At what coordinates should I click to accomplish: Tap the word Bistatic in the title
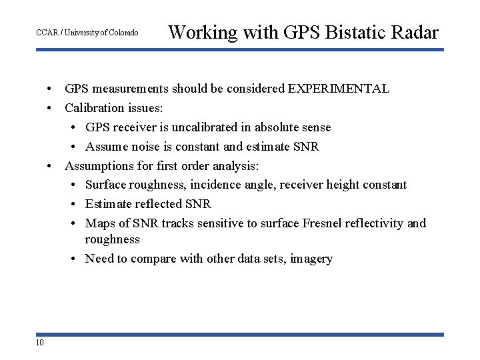click(359, 32)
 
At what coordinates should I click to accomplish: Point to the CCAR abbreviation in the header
click(47, 33)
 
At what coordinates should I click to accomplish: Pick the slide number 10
click(40, 343)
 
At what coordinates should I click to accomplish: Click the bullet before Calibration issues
click(50, 108)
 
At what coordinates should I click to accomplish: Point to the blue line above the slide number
click(240, 335)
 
